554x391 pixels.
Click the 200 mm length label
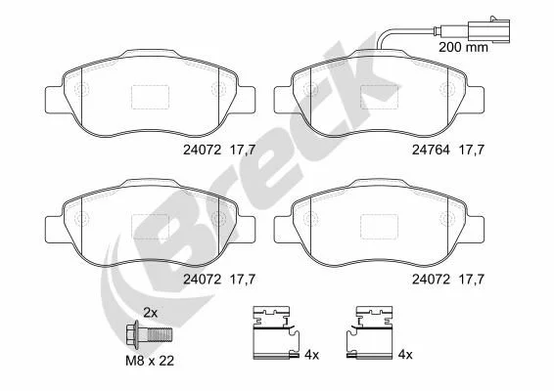(x=463, y=47)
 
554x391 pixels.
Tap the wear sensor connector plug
(x=488, y=29)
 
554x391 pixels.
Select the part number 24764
(x=431, y=150)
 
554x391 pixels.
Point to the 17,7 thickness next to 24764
(x=471, y=150)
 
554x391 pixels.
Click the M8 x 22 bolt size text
(x=150, y=361)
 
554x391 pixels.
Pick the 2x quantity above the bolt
(x=150, y=312)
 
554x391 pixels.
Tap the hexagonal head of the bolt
(x=132, y=334)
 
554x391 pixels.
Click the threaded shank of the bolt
(x=160, y=334)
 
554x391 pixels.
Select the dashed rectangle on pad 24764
(x=379, y=97)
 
